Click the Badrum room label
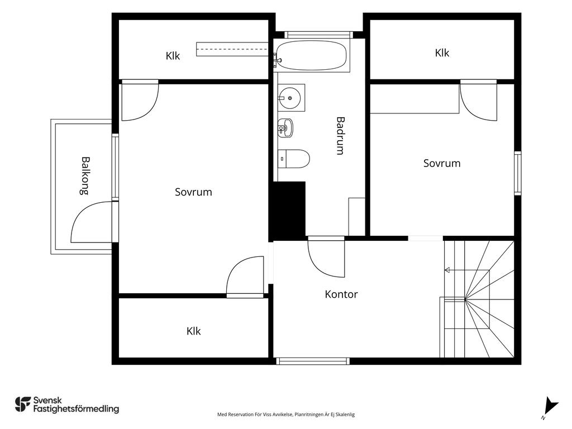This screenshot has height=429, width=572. coord(340,136)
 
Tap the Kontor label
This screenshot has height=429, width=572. coord(341,294)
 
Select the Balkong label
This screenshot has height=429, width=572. coord(85,176)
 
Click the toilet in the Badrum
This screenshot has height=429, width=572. coord(294,159)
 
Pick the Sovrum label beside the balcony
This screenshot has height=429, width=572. coord(193,192)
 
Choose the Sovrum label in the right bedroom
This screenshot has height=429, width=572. coord(442,163)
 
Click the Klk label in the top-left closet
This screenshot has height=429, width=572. coord(173,56)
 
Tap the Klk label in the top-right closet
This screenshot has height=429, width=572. coord(442,53)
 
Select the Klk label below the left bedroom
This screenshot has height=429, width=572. coord(193,331)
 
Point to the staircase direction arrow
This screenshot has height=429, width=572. coord(466,270)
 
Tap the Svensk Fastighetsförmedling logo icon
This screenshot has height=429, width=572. coord(23,404)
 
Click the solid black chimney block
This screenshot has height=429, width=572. coord(287,211)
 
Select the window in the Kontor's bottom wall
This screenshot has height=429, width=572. coord(313,361)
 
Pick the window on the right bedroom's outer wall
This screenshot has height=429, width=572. coord(518,173)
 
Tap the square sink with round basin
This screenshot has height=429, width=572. coord(291,98)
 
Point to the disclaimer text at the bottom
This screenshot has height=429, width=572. coord(286,414)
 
